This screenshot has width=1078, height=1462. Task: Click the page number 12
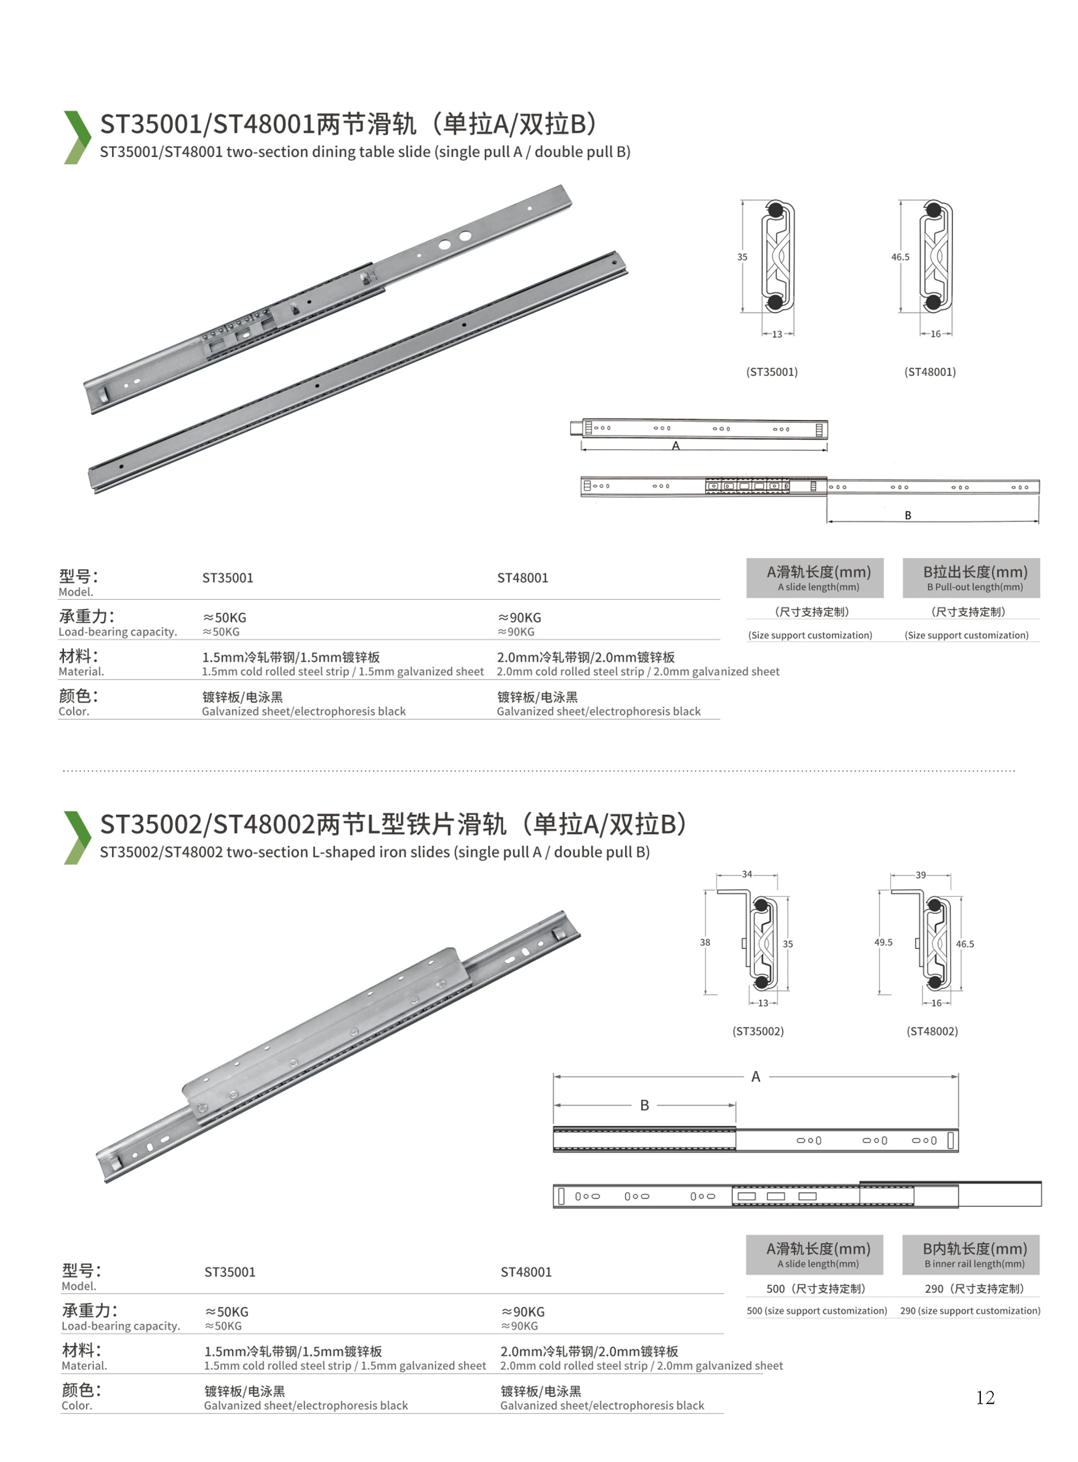click(985, 1397)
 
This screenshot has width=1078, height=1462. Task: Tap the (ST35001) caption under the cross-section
click(772, 372)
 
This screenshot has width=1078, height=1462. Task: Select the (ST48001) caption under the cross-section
click(930, 372)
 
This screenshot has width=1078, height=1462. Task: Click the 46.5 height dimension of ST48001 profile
click(901, 257)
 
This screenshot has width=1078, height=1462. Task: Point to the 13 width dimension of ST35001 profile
click(777, 334)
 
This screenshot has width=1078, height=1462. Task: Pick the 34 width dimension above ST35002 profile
click(747, 874)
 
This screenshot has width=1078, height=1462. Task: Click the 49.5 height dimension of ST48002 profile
click(884, 942)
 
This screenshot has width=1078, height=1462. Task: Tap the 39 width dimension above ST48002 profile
click(920, 874)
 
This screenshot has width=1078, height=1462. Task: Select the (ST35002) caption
click(758, 1031)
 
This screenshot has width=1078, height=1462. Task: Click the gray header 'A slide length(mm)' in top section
click(815, 578)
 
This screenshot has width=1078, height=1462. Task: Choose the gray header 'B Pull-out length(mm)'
click(971, 578)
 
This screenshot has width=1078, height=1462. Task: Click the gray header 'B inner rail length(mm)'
click(971, 1254)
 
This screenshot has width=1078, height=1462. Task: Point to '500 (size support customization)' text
click(817, 1310)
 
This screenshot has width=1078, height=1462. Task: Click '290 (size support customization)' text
click(970, 1310)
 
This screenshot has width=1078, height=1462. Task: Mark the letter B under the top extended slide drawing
click(908, 515)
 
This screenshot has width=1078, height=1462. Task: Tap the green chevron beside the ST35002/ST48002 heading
click(77, 837)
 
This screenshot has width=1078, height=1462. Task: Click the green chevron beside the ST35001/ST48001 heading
click(77, 137)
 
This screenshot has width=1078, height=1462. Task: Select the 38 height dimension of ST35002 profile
click(705, 942)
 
